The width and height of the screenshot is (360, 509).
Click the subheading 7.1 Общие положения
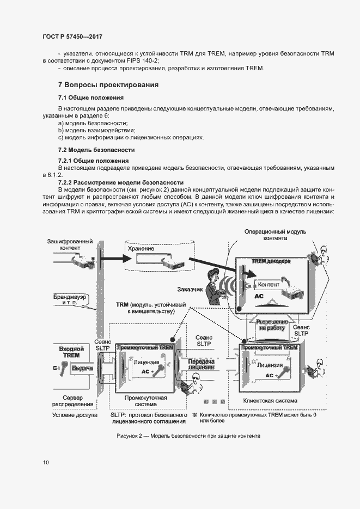click(x=91, y=97)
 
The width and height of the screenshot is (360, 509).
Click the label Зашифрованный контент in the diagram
click(x=70, y=244)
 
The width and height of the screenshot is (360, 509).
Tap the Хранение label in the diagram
click(x=141, y=248)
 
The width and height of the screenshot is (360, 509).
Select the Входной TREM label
click(x=71, y=352)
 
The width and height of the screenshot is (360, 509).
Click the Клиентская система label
click(x=271, y=401)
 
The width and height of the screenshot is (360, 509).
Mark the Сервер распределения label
click(x=73, y=401)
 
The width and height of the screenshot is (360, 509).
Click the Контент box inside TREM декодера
click(x=269, y=285)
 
